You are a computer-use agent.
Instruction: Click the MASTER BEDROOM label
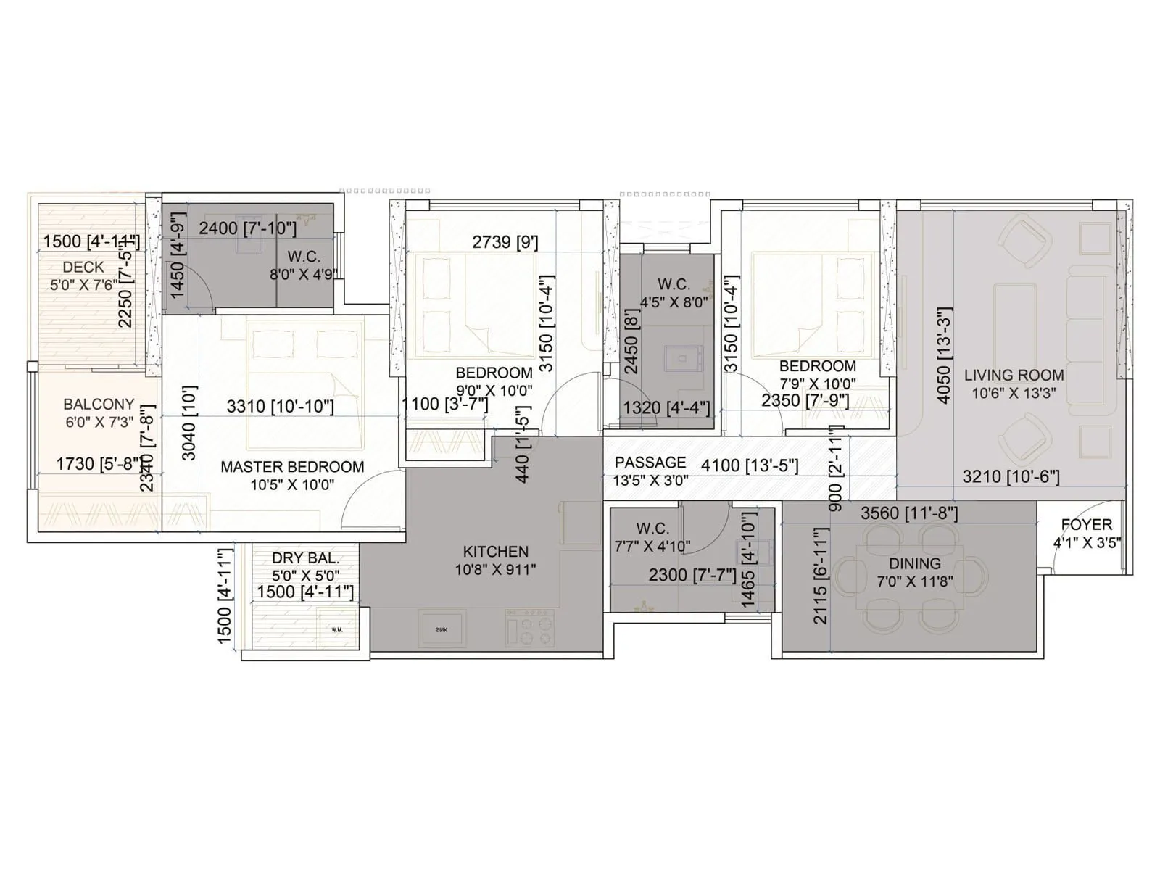292,467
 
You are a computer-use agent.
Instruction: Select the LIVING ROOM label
1014,376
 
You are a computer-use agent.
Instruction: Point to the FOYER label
1086,525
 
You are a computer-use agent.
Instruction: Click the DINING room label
914,564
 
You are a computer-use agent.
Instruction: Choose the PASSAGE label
650,463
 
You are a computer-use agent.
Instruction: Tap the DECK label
83,268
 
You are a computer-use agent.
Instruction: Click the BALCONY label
99,405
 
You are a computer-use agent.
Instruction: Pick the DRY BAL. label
305,558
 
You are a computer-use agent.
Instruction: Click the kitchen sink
442,629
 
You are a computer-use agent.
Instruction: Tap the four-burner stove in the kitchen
530,628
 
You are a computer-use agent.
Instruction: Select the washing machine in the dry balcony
336,629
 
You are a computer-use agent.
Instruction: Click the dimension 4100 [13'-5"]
750,465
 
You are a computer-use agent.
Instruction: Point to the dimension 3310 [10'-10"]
280,407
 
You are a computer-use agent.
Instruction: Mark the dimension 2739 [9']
505,242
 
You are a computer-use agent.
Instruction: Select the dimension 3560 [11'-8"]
909,513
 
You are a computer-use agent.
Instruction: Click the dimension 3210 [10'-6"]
1011,476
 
